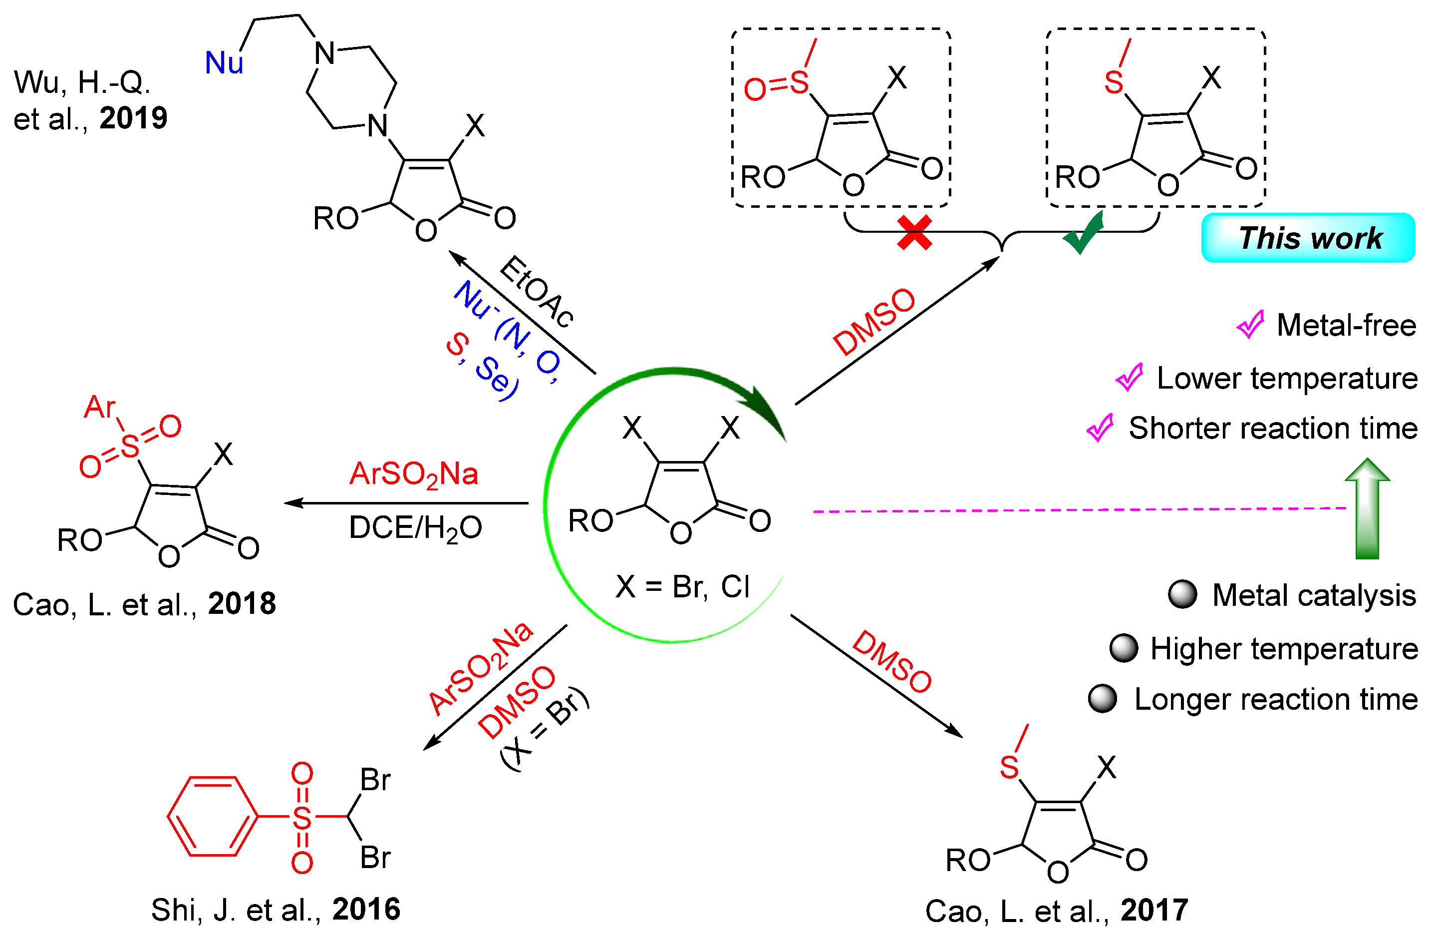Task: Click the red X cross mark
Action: tap(914, 233)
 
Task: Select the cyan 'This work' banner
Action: tap(1308, 238)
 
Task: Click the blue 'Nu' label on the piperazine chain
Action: tap(224, 63)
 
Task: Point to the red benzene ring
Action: tap(212, 817)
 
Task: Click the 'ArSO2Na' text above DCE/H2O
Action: tap(414, 474)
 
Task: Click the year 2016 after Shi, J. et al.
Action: tap(366, 909)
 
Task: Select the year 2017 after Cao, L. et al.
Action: tap(1154, 911)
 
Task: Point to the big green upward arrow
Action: tap(1367, 509)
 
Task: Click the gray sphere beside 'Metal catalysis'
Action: tap(1182, 595)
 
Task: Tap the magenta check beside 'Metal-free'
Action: tap(1250, 325)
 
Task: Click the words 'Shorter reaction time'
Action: tap(1272, 429)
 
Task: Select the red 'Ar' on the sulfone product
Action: tap(99, 408)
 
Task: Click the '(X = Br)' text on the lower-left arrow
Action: tap(545, 730)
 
